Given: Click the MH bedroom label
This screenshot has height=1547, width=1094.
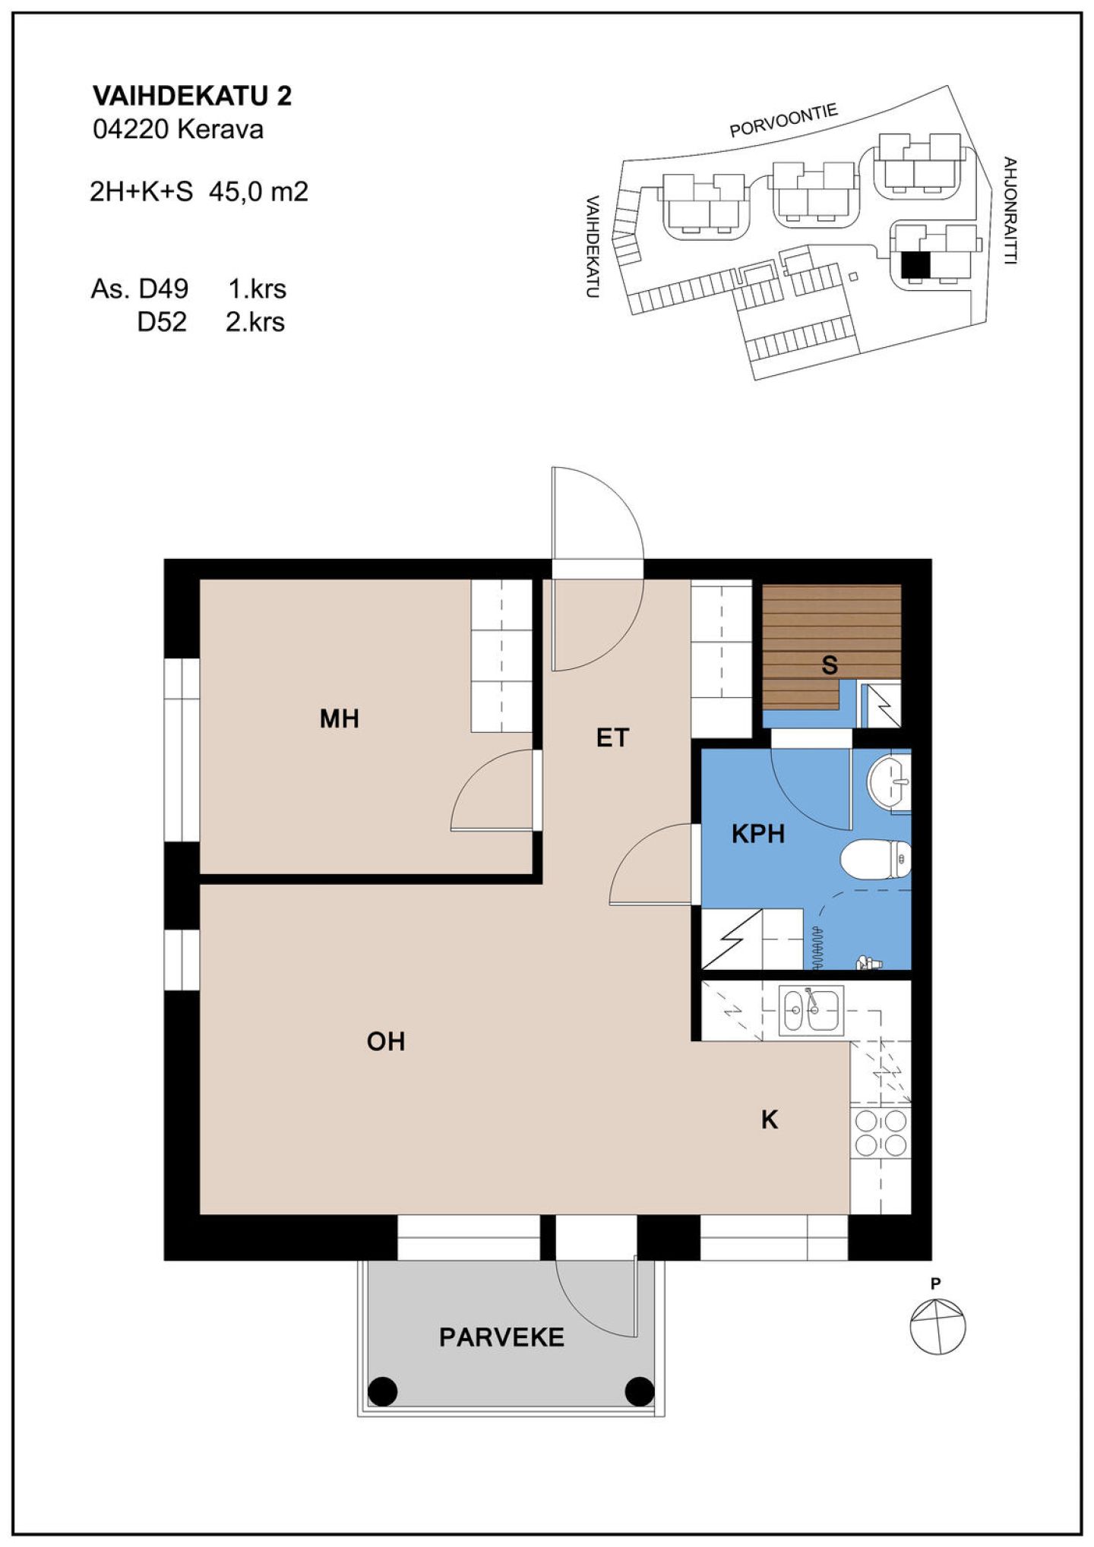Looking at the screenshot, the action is point(339,718).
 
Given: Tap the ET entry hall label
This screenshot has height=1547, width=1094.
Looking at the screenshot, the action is point(612,737).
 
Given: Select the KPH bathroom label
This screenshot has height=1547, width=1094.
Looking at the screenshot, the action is point(757,834).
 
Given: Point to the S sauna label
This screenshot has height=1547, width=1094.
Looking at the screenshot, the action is point(830,665).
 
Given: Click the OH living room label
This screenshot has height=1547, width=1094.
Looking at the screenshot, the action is point(386,1041).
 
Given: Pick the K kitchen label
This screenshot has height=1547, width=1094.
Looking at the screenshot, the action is point(770,1119).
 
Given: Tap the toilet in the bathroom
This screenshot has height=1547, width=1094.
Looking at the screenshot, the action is point(875,860).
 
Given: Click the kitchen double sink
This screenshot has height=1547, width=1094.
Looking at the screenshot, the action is point(811,1010).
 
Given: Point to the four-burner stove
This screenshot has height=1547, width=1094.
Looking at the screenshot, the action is point(881,1133).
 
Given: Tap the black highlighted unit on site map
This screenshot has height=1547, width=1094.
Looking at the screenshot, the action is point(915,265).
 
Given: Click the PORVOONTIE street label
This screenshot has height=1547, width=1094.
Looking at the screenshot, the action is point(783,122).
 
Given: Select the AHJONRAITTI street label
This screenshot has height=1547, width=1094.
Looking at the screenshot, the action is point(1010,210).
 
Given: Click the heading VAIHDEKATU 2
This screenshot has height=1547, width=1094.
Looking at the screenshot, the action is point(192,96).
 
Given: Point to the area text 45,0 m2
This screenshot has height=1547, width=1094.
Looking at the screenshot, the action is point(258,191).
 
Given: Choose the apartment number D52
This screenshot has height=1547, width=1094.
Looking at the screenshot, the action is point(162,322).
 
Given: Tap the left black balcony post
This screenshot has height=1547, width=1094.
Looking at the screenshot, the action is point(382,1391).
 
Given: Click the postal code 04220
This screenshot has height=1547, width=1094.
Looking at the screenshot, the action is point(131,130).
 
